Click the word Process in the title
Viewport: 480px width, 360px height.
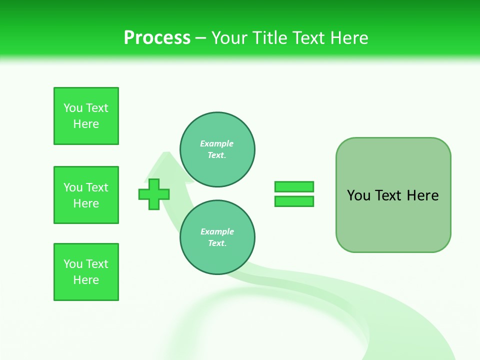click(x=157, y=38)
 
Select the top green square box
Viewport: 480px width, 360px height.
click(x=86, y=116)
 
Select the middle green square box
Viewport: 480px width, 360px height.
click(x=86, y=195)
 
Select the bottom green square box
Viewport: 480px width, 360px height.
click(x=86, y=272)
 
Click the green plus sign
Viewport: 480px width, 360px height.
click(x=154, y=194)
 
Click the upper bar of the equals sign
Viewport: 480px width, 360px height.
click(x=294, y=186)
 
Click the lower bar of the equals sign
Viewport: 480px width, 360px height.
click(x=294, y=201)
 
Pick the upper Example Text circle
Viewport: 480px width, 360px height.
click(x=217, y=149)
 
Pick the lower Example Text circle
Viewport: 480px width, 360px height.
click(x=217, y=237)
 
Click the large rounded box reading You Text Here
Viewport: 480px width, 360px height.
click(x=393, y=195)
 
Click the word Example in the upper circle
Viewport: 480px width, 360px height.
click(x=217, y=143)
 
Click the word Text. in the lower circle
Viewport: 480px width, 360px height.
click(x=217, y=243)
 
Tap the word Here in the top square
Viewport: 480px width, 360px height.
click(x=86, y=124)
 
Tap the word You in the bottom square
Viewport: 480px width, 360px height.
click(x=73, y=264)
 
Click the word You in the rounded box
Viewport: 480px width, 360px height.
click(x=358, y=195)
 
